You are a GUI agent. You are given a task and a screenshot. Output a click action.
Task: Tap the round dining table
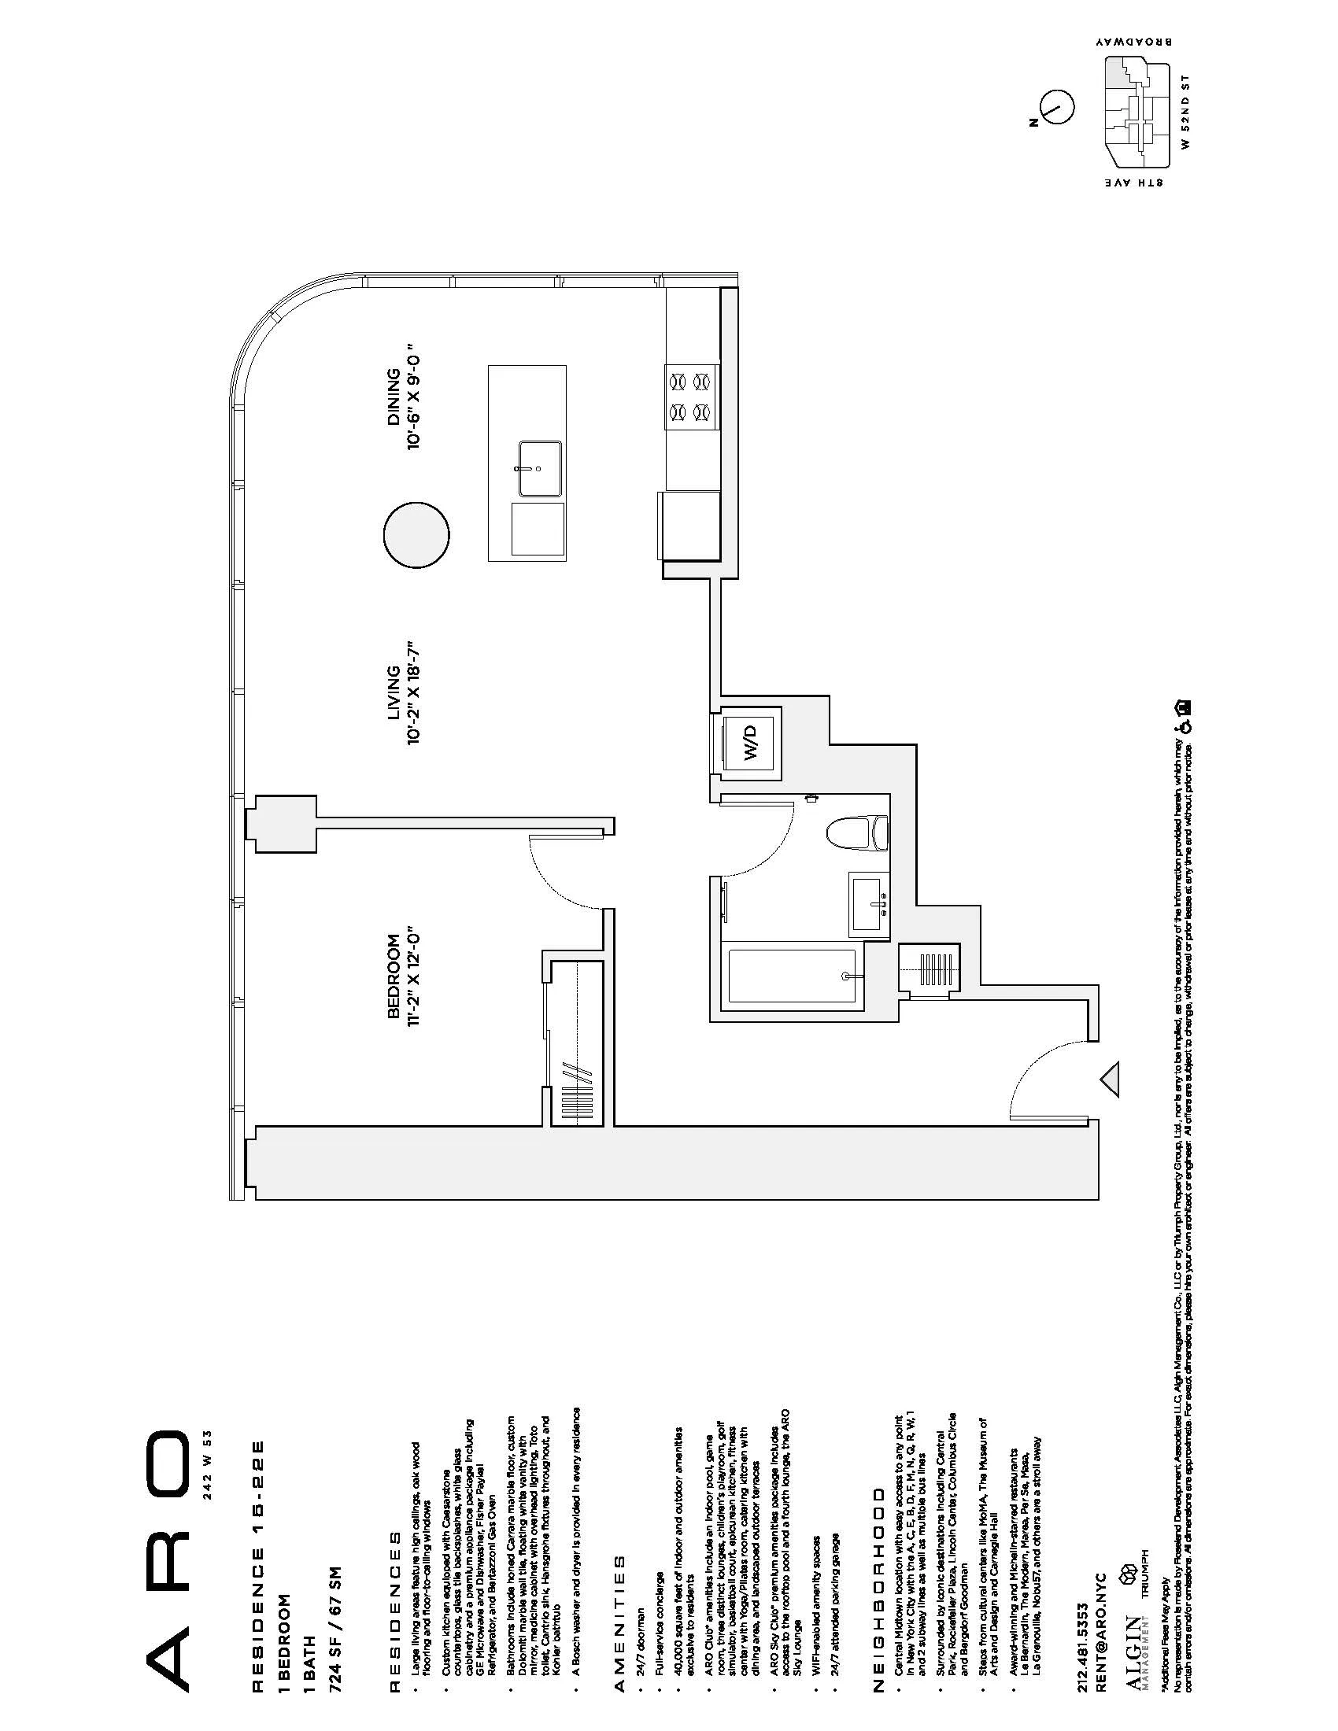416,533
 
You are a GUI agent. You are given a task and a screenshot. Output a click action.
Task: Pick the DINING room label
393,397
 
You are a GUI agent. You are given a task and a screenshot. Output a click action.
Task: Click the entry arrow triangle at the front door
1111,1079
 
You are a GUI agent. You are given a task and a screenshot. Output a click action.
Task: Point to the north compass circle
1055,105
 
